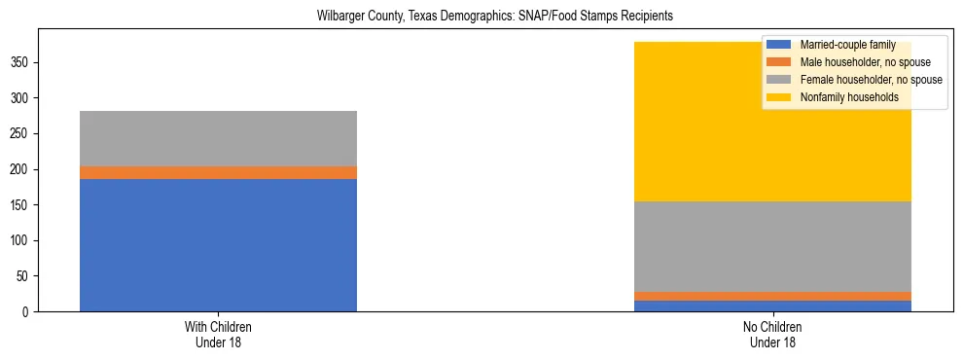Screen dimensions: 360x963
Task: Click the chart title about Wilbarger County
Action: coord(481,17)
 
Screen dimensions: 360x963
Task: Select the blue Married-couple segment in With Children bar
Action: coord(218,245)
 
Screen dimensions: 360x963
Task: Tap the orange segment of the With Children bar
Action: coord(218,172)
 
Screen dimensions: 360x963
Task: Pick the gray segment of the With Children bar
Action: coord(218,138)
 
